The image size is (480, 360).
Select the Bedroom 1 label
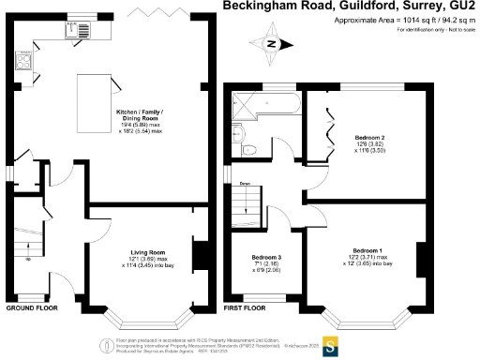tap(368, 249)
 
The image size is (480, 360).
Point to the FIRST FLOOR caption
tap(247, 307)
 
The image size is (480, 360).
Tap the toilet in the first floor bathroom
tap(247, 148)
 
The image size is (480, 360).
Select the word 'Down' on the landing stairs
tap(245, 184)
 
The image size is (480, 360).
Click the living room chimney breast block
tap(198, 255)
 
